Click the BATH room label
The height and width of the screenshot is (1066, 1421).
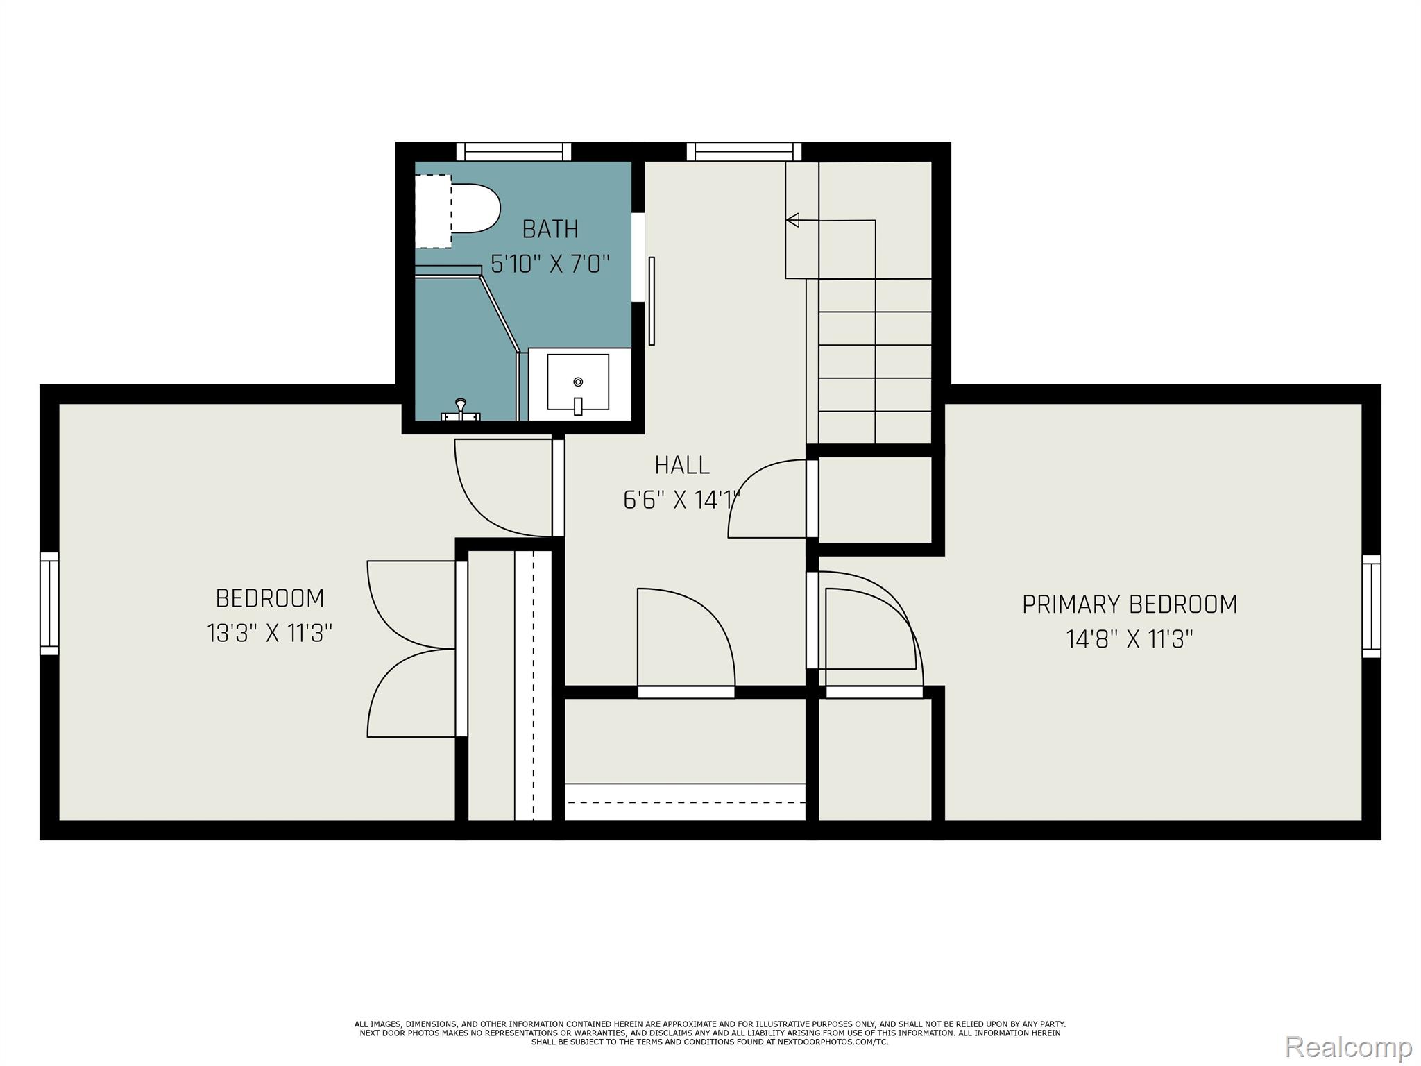pyautogui.click(x=550, y=229)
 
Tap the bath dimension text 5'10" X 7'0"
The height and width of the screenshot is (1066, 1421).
pyautogui.click(x=550, y=264)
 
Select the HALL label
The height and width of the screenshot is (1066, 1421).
pyautogui.click(x=682, y=465)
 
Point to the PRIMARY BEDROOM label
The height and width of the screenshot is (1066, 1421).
pyautogui.click(x=1130, y=604)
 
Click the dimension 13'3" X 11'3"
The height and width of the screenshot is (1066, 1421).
pyautogui.click(x=270, y=634)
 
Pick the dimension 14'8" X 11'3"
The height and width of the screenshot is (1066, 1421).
pyautogui.click(x=1130, y=639)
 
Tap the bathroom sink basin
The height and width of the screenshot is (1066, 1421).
pyautogui.click(x=578, y=382)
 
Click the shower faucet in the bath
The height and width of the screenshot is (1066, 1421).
pyautogui.click(x=461, y=410)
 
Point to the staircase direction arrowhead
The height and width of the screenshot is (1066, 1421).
pyautogui.click(x=792, y=220)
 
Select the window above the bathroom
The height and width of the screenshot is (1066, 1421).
pyautogui.click(x=513, y=151)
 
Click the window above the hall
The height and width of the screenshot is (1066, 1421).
pyautogui.click(x=744, y=151)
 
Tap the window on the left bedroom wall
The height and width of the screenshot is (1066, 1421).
pyautogui.click(x=49, y=604)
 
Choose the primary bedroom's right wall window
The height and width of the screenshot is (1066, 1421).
pyautogui.click(x=1371, y=606)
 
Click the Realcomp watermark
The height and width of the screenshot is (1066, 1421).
pyautogui.click(x=1349, y=1047)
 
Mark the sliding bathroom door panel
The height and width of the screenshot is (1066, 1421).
pyautogui.click(x=652, y=301)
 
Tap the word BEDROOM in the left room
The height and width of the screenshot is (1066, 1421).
pyautogui.click(x=270, y=598)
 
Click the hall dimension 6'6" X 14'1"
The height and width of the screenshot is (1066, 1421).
pyautogui.click(x=682, y=500)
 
